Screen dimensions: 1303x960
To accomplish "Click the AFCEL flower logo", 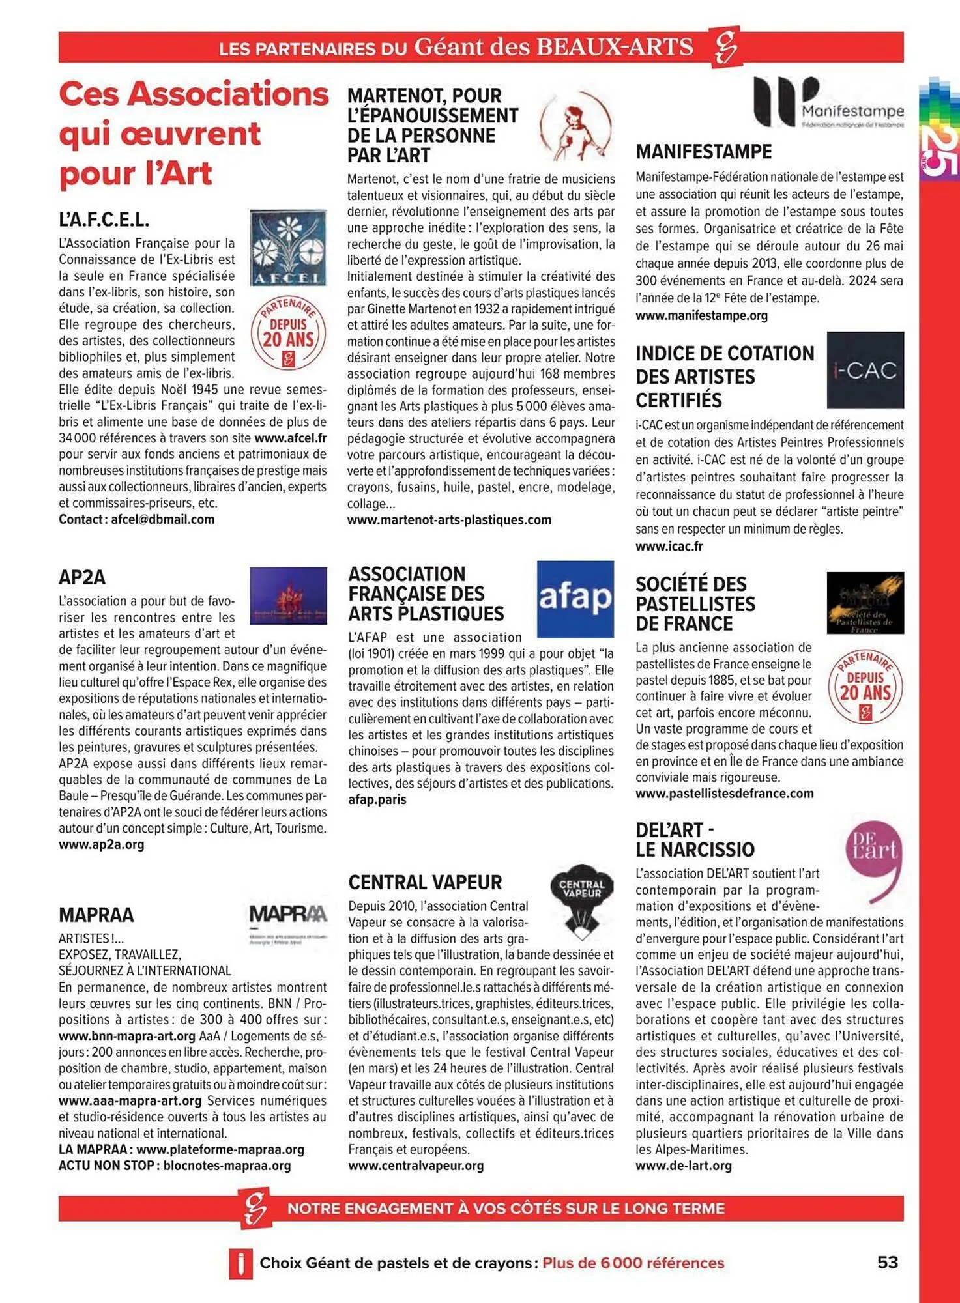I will pyautogui.click(x=288, y=248).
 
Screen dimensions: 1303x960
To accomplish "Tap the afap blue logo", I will pyautogui.click(x=575, y=599).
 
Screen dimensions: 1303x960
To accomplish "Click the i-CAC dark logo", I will pyautogui.click(x=865, y=370).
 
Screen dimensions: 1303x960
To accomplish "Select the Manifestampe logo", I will pyautogui.click(x=828, y=102).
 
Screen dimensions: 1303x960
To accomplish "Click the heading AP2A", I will pyautogui.click(x=82, y=577).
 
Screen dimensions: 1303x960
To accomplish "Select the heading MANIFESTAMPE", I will pyautogui.click(x=703, y=152).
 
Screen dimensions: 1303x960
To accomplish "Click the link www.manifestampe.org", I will pyautogui.click(x=701, y=315).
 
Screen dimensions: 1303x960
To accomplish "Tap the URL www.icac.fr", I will pyautogui.click(x=669, y=547).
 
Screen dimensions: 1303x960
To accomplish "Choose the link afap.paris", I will pyautogui.click(x=377, y=799).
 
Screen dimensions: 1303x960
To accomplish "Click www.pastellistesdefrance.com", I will pyautogui.click(x=724, y=794).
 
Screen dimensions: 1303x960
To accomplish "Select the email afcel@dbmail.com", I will pyautogui.click(x=162, y=519).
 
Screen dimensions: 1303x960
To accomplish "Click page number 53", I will pyautogui.click(x=887, y=1262).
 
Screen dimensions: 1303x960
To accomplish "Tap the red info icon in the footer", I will pyautogui.click(x=240, y=1263).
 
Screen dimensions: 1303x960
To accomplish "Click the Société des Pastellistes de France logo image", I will pyautogui.click(x=865, y=603).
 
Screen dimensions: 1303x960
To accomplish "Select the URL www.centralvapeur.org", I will pyautogui.click(x=416, y=1166).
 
